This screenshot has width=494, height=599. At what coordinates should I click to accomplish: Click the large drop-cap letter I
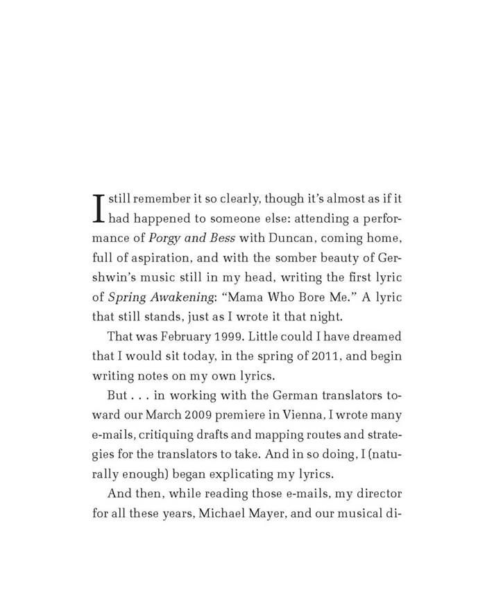click(x=99, y=207)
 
